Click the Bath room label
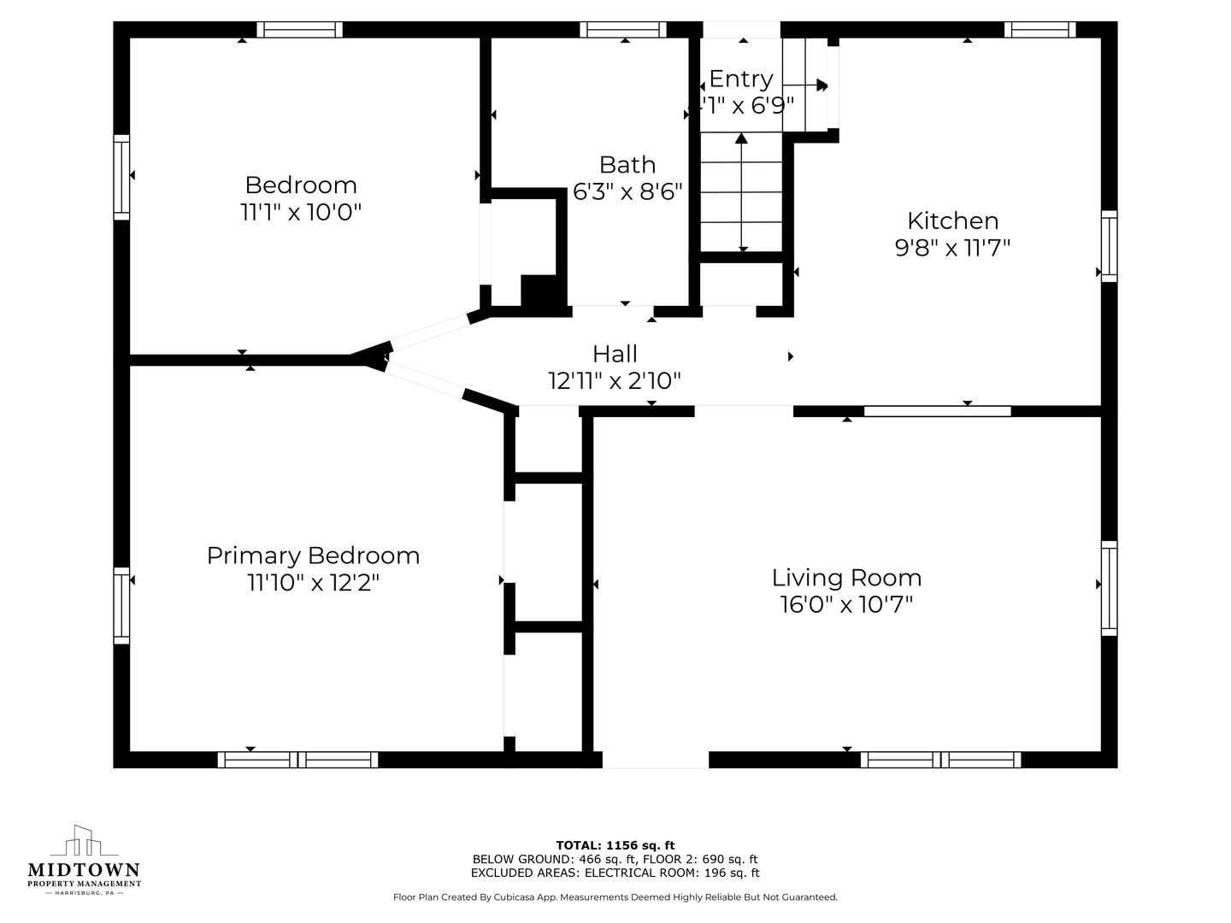point(627,165)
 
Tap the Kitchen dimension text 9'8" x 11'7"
point(952,248)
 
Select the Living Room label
point(846,578)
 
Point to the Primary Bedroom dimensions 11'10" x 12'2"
point(314,583)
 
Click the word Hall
point(615,354)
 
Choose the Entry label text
point(741,79)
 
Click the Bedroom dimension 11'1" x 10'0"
point(301,213)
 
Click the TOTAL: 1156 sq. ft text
point(615,845)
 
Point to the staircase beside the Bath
point(741,192)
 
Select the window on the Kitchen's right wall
point(1109,246)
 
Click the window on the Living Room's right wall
point(1109,589)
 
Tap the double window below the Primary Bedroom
point(297,760)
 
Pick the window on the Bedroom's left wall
point(121,177)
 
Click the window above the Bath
point(622,30)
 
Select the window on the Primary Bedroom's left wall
point(121,606)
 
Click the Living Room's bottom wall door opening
point(656,760)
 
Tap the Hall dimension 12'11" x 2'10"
point(615,381)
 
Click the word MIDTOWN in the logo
point(84,870)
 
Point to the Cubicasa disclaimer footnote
point(615,897)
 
